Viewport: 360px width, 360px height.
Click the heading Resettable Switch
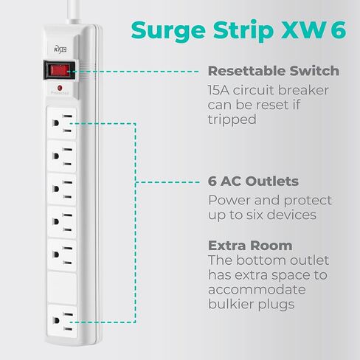tap(273, 72)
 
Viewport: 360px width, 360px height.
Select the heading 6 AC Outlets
tap(253, 181)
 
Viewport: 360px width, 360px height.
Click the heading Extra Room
tap(249, 246)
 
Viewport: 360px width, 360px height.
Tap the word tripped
tap(232, 120)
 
